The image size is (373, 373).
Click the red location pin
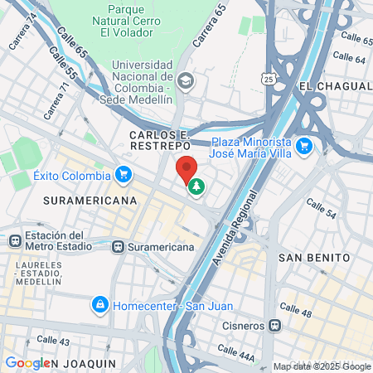coord(187,169)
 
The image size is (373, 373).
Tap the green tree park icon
coord(196,187)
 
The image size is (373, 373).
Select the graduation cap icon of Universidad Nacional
coord(186,80)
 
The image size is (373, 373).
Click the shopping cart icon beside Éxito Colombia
coord(124,175)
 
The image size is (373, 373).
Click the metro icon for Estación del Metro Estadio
coord(14,240)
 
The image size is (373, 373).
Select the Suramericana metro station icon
coord(119,246)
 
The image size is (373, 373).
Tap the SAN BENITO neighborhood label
coord(313,257)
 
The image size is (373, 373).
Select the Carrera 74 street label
coord(22,32)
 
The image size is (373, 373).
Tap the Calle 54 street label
coord(320,209)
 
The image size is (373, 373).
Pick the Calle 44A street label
coord(236,351)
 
